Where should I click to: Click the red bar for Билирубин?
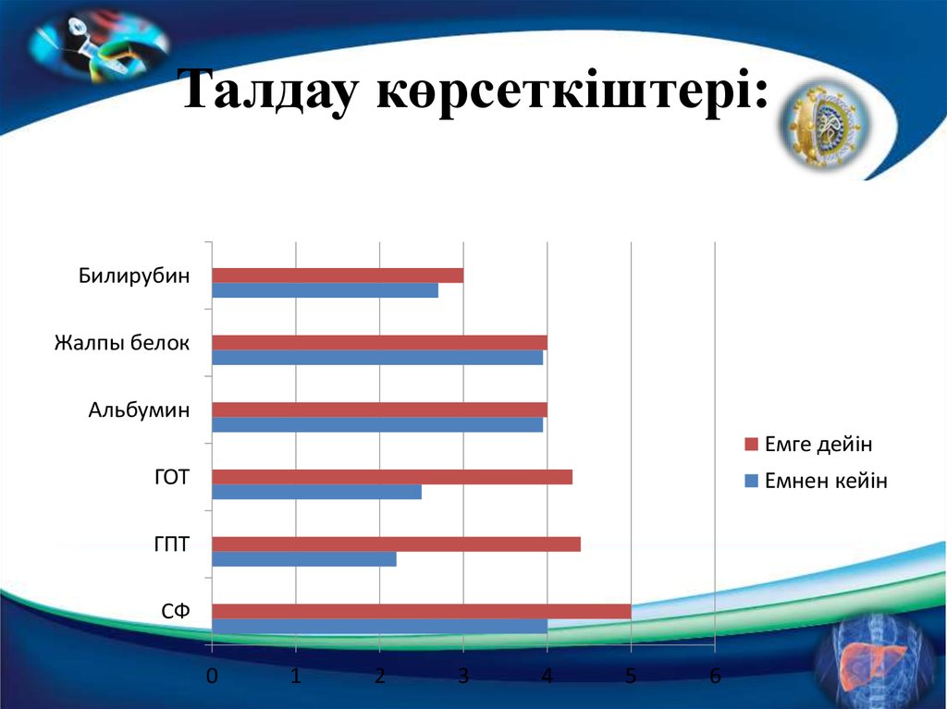(338, 275)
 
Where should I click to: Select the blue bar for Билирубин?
(325, 290)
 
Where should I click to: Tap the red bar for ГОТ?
(392, 477)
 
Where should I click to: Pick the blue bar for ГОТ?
(316, 492)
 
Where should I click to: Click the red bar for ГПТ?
(396, 544)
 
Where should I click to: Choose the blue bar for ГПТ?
(304, 558)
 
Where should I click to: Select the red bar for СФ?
(422, 611)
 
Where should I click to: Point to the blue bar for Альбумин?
(377, 425)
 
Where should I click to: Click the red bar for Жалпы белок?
(379, 342)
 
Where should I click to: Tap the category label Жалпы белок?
(121, 344)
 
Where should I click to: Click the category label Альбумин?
(139, 410)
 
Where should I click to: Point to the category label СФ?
(175, 611)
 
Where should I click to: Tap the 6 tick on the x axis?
(715, 676)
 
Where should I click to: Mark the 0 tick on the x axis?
(212, 676)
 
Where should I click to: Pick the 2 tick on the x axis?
(379, 676)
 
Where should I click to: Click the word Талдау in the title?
(268, 92)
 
